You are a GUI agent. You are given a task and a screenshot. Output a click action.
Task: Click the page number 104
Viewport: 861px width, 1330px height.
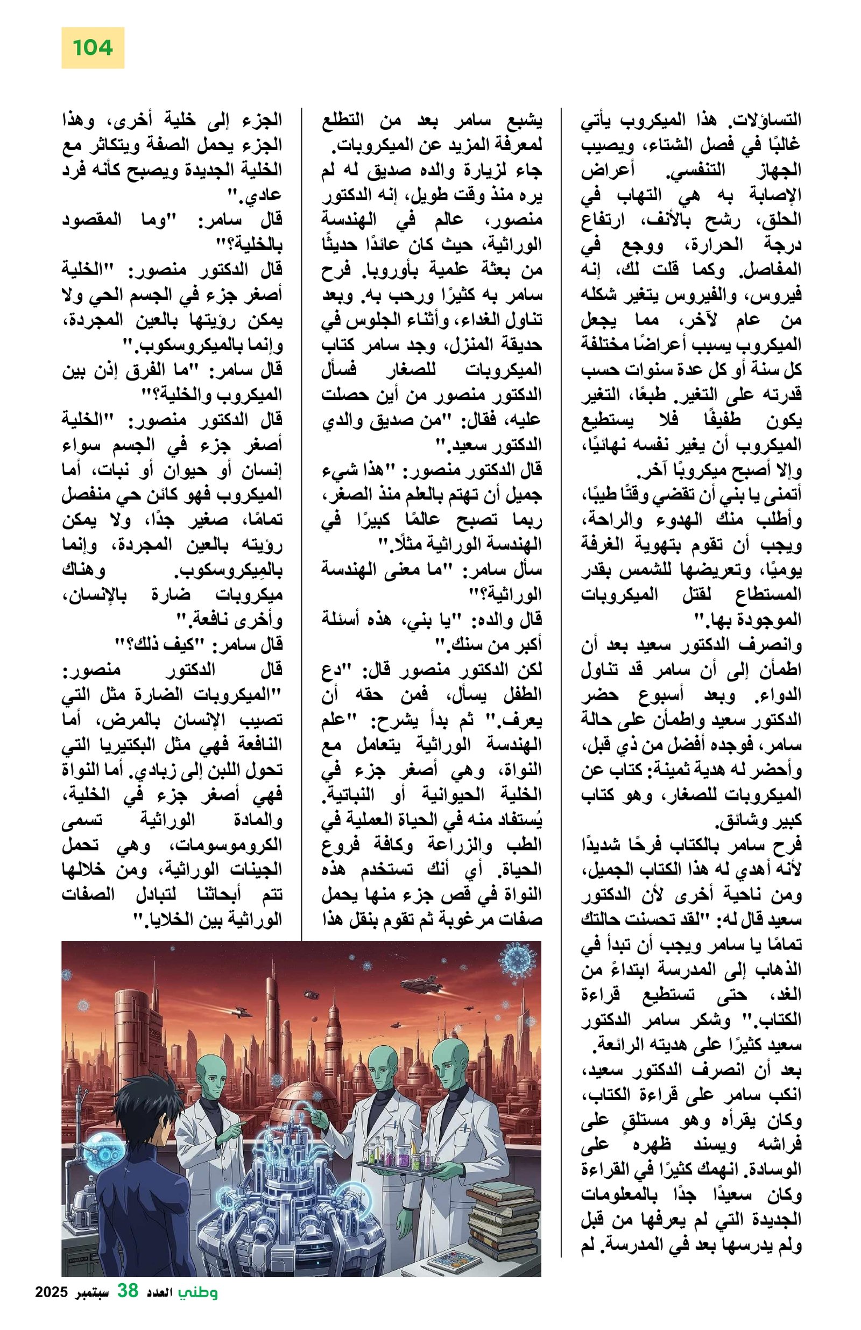92,48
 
